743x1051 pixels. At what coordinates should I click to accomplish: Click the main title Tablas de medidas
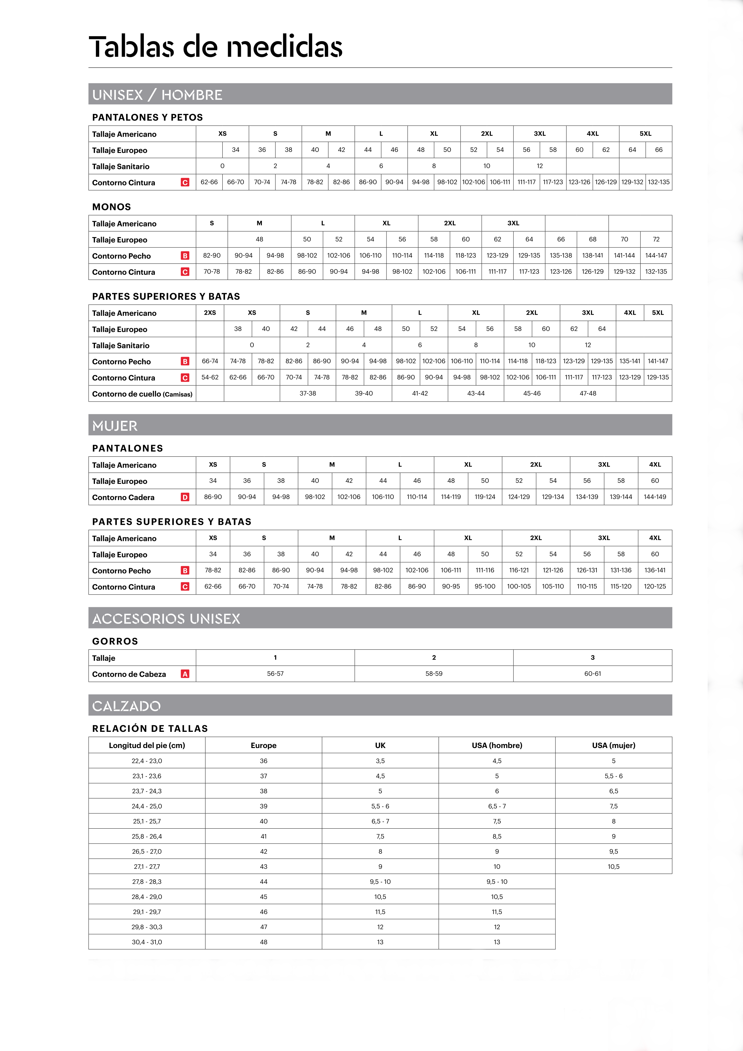(215, 47)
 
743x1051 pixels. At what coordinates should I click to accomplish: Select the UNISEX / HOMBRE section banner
(157, 95)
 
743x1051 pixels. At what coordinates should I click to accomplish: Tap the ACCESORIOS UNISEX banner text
(166, 619)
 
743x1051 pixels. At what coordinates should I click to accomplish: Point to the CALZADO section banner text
(126, 706)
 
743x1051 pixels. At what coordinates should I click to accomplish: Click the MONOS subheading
(112, 207)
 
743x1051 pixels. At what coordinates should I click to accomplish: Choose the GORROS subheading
(115, 641)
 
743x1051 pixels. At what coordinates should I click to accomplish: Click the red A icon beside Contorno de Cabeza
(185, 674)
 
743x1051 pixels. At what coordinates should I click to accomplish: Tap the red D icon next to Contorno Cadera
(185, 497)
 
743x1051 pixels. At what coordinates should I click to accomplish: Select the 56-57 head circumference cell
(275, 674)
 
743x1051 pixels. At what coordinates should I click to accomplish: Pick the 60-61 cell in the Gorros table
(593, 674)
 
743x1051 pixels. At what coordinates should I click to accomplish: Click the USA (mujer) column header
(614, 745)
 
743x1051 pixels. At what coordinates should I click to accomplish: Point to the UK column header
(380, 745)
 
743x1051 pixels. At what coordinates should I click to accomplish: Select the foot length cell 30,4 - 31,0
(147, 942)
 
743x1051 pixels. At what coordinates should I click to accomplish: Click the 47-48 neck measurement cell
(588, 393)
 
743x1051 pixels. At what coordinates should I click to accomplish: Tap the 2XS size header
(210, 313)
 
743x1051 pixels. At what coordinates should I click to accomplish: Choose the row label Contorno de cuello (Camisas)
(142, 394)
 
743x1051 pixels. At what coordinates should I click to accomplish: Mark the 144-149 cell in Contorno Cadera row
(655, 497)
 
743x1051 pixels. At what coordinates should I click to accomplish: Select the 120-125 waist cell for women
(655, 586)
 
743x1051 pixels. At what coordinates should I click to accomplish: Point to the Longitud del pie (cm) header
(147, 745)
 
